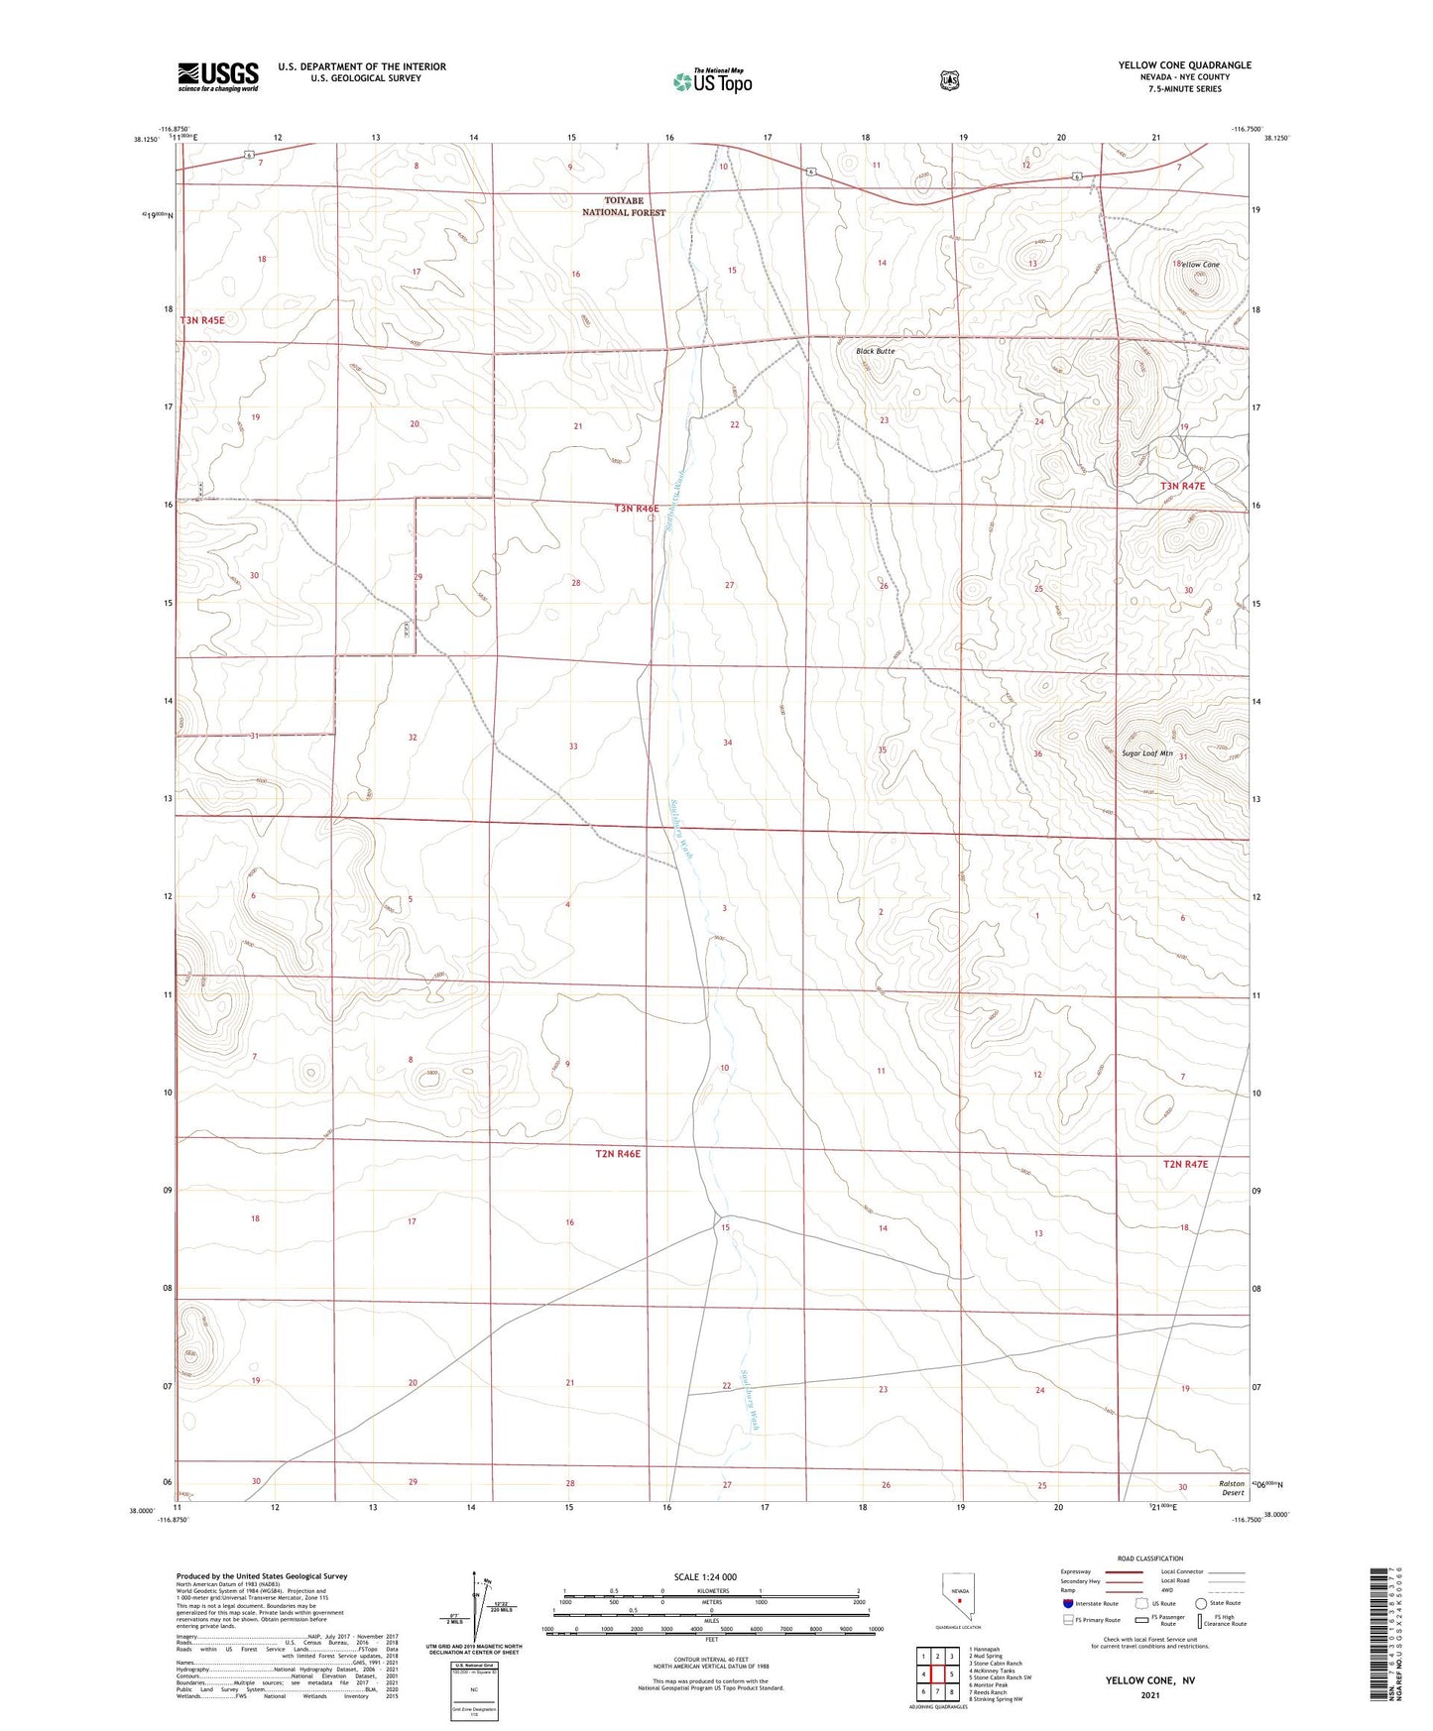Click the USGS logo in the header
click(x=218, y=76)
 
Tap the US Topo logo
click(x=712, y=81)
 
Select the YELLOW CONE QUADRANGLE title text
click(x=1184, y=65)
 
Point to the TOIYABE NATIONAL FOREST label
click(x=624, y=206)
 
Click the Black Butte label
click(x=876, y=351)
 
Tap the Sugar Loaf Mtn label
click(x=1146, y=753)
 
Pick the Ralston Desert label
click(x=1232, y=1488)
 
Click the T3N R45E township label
click(x=202, y=320)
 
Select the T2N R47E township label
click(x=1185, y=1164)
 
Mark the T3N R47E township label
click(x=1183, y=486)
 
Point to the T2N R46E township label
click(x=619, y=1154)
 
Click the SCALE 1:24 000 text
click(x=705, y=1576)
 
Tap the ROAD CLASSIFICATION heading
click(x=1150, y=1558)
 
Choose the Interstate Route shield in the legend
click(x=1067, y=1603)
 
